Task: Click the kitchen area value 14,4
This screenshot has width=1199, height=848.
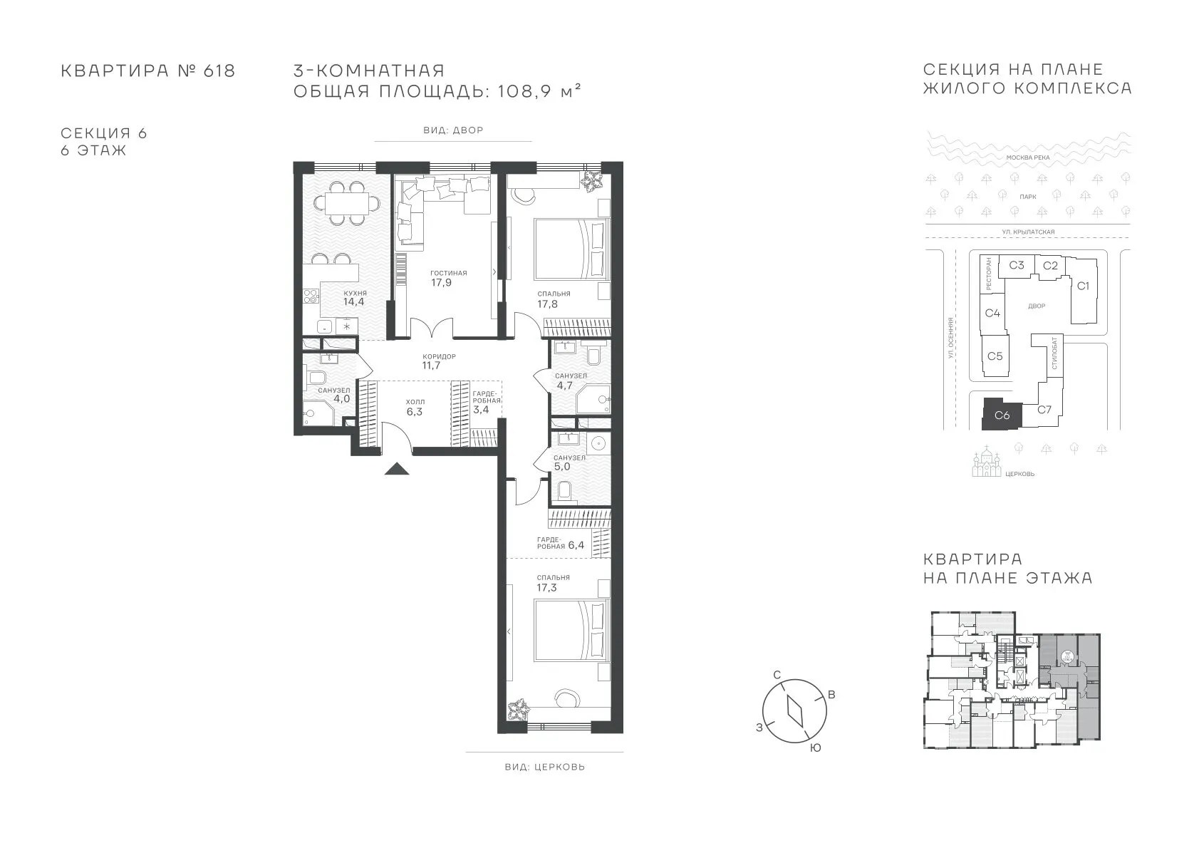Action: [354, 302]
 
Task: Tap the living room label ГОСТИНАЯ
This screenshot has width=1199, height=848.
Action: [449, 273]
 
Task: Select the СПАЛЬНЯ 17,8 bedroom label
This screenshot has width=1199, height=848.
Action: [554, 299]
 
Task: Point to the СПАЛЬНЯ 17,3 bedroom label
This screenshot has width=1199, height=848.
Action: [554, 583]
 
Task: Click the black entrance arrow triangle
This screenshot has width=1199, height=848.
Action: [397, 469]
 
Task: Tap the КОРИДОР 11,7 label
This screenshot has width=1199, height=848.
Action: [438, 361]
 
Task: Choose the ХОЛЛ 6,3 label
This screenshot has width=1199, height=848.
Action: [415, 407]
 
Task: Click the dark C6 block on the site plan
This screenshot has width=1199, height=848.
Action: [1002, 414]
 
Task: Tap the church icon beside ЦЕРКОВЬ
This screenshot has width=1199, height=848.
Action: [986, 462]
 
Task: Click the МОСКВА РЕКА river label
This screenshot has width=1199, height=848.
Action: [1028, 158]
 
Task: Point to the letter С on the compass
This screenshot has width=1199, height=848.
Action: [777, 675]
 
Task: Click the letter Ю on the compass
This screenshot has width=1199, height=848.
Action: [815, 748]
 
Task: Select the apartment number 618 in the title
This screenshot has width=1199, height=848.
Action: [219, 71]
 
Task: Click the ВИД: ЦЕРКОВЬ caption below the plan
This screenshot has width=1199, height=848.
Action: [545, 767]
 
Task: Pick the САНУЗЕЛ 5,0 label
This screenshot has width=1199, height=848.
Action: [569, 462]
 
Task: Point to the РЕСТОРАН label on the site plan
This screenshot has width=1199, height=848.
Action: [988, 274]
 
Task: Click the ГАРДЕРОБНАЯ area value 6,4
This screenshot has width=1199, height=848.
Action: [576, 546]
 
